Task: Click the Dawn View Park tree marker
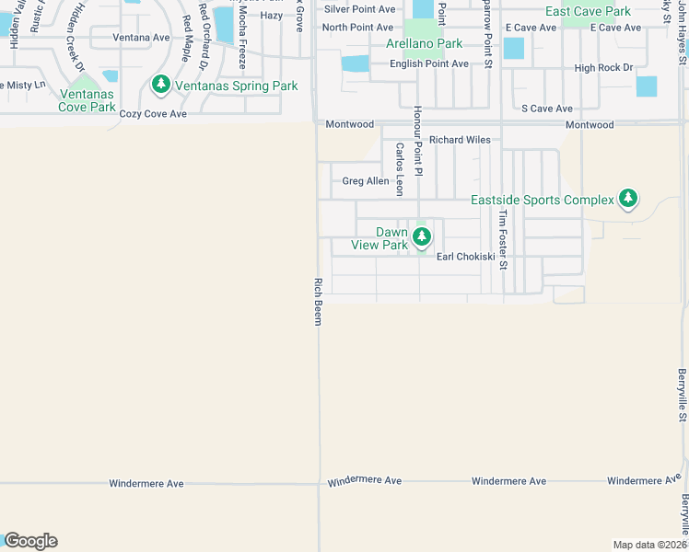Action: coord(421,236)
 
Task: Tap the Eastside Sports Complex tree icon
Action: coord(628,199)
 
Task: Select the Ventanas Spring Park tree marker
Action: coord(161,86)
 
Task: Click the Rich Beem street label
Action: coord(318,300)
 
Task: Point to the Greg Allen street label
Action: coord(366,181)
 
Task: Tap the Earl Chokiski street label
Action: coord(466,257)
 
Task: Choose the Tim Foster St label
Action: coord(502,240)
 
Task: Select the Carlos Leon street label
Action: coord(400,168)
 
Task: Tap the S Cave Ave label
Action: coord(547,109)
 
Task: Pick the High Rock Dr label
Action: coord(603,68)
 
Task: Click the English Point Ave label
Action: coord(429,64)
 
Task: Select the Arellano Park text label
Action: coord(425,43)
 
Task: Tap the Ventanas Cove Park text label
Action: coord(88,100)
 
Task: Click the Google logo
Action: coord(29,541)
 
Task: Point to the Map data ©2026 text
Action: coord(649,545)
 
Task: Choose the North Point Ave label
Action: coord(358,28)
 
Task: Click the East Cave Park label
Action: coord(588,11)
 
